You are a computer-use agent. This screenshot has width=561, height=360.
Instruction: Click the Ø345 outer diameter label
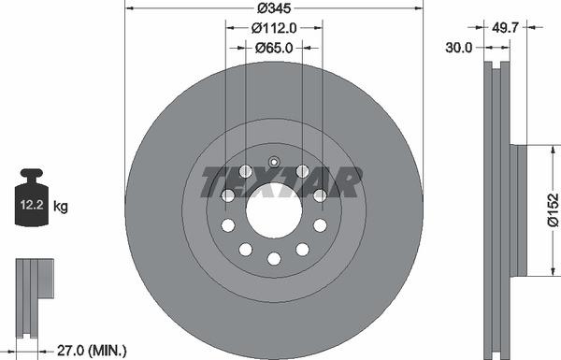click(x=274, y=8)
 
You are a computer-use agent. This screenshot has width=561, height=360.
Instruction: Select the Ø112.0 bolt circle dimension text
click(x=274, y=28)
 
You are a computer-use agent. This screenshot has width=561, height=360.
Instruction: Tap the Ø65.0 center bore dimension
click(x=274, y=48)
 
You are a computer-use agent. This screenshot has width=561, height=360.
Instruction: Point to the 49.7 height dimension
click(x=505, y=27)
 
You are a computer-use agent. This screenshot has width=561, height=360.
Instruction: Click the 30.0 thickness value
click(x=459, y=48)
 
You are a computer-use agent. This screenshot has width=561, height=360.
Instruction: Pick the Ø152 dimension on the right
click(x=553, y=210)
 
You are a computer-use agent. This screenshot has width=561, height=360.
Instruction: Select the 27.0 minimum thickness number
click(x=70, y=350)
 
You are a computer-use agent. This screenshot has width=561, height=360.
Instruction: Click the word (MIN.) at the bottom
click(x=108, y=350)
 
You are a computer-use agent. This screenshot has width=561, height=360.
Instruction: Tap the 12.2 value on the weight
click(x=32, y=205)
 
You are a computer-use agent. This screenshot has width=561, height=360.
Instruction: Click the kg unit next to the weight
click(x=61, y=207)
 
